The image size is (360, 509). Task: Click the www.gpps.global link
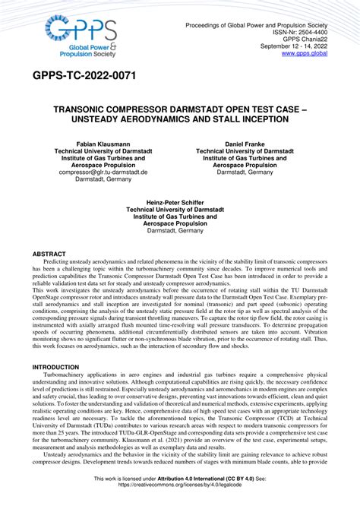305,53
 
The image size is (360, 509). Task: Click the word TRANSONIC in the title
86,109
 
